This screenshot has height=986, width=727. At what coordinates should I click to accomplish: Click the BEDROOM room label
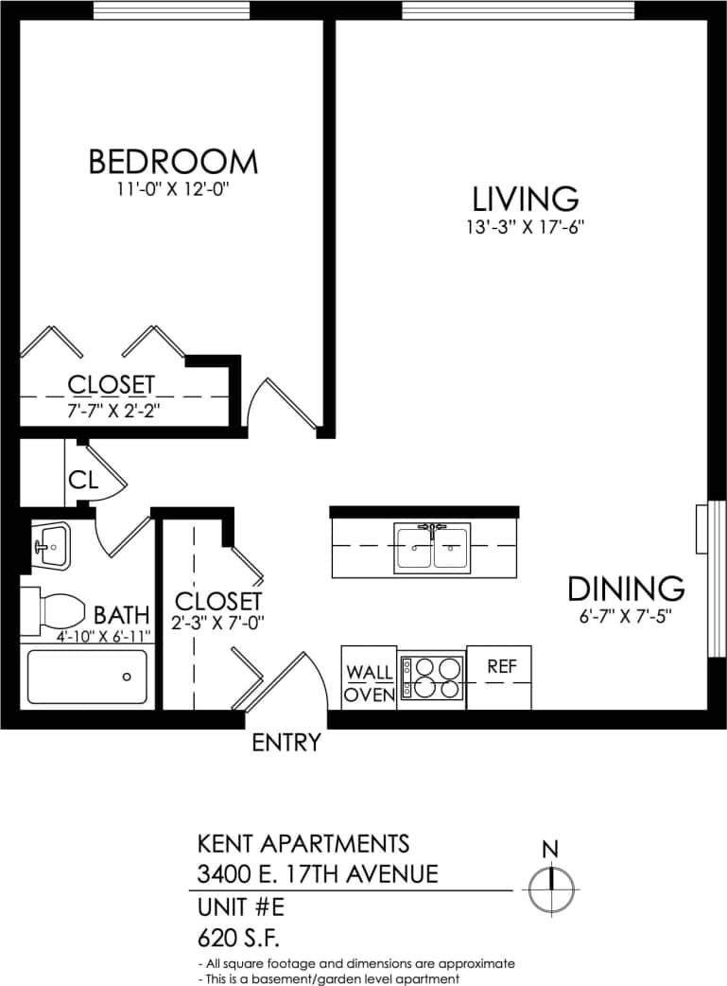click(172, 162)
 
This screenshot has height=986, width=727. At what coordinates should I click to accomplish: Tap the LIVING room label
click(526, 200)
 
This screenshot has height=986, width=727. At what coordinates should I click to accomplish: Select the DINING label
click(626, 589)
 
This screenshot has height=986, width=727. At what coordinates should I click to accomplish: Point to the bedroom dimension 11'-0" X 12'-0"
click(172, 189)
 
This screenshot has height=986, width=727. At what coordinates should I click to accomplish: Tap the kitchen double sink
click(433, 548)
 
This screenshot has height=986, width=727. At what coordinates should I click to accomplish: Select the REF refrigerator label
click(502, 666)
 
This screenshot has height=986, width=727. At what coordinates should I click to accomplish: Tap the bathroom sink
click(49, 546)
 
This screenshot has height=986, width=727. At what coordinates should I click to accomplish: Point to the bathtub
click(86, 677)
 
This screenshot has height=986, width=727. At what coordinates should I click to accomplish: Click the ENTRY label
click(286, 744)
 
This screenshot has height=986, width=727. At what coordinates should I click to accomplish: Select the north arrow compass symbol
click(550, 888)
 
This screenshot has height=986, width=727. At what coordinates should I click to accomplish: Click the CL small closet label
click(83, 480)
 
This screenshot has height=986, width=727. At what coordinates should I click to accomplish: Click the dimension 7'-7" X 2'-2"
click(112, 411)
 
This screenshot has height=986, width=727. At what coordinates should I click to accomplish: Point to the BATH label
click(121, 615)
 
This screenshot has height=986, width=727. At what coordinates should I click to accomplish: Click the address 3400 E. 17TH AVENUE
click(318, 873)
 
